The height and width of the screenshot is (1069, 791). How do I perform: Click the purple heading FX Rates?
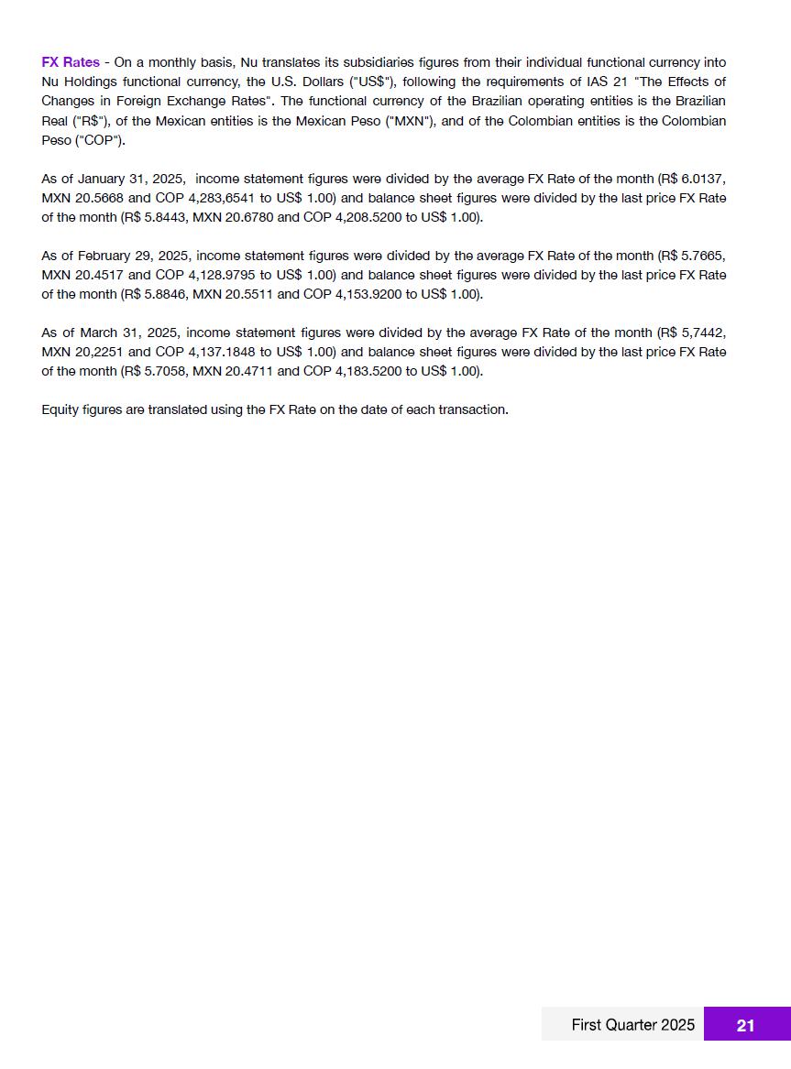click(x=71, y=62)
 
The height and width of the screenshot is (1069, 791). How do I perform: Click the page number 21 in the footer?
click(x=745, y=1025)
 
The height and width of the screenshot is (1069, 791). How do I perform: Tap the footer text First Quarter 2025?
click(x=632, y=1025)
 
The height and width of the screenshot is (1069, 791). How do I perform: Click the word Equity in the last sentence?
click(x=60, y=409)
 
